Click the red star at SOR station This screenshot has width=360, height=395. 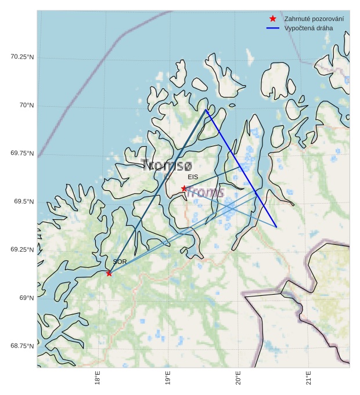click(109, 273)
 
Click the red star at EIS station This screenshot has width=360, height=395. click(184, 189)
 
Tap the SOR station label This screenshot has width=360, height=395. click(120, 262)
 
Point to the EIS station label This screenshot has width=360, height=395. click(193, 177)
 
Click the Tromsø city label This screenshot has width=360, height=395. click(166, 166)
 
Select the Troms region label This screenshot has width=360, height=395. click(206, 193)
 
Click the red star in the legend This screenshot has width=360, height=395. click(272, 19)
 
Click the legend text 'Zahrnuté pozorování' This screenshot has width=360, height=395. click(314, 19)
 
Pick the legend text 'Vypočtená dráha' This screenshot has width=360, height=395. click(309, 28)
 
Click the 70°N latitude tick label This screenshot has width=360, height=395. click(27, 105)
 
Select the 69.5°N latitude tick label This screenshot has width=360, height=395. click(24, 201)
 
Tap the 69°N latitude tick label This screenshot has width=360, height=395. click(27, 298)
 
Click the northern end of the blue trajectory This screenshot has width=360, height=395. click(206, 110)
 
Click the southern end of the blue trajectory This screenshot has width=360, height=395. click(276, 227)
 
